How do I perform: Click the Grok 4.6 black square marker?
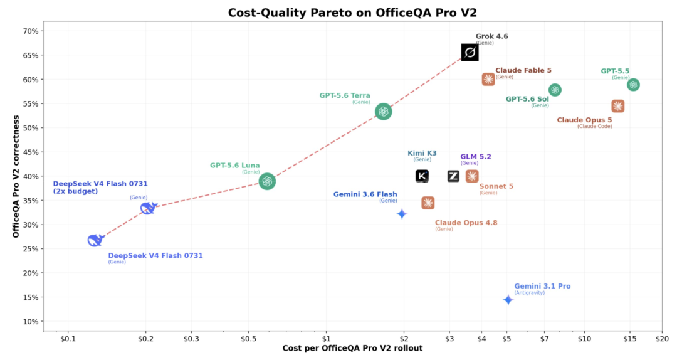pos(470,52)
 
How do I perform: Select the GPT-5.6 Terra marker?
pos(383,112)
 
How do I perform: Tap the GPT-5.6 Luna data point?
pos(267,181)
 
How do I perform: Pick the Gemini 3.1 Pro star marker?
pos(508,300)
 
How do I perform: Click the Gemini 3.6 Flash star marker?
pos(402,214)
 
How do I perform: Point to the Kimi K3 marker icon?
pos(422,176)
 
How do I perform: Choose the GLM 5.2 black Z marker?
pos(453,176)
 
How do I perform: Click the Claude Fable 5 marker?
pos(488,79)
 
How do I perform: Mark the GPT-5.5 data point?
pos(633,85)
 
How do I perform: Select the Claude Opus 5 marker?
pos(618,106)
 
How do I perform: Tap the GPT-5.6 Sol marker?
pos(555,90)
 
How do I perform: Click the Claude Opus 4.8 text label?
pos(466,223)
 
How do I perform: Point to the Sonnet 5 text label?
pos(496,186)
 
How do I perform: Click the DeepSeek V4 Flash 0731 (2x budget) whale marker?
pos(148,208)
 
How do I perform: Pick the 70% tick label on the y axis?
pos(30,31)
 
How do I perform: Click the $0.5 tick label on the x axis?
pos(248,339)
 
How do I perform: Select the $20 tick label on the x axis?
pos(662,339)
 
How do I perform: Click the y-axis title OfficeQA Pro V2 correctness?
pos(16,176)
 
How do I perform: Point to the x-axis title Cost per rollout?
pos(352,348)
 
